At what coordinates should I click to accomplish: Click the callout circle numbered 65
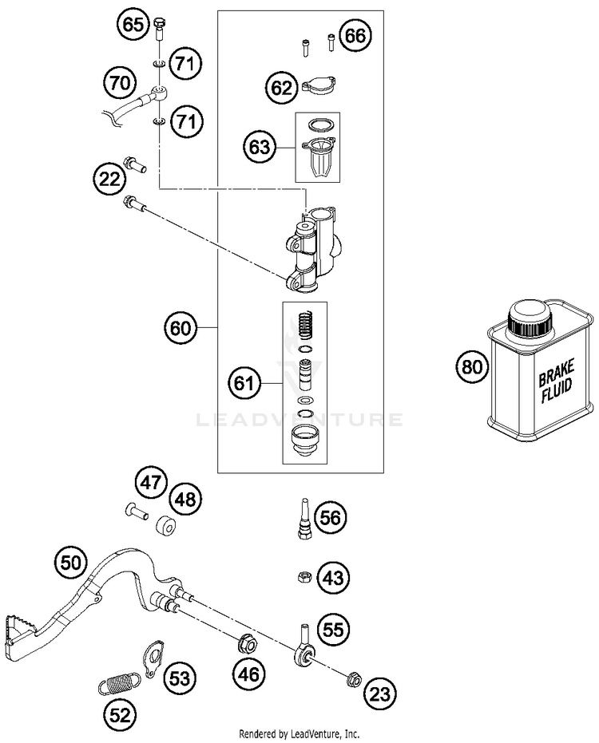tap(133, 24)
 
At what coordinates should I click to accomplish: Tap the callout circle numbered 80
tap(471, 367)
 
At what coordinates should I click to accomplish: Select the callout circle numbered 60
tap(180, 327)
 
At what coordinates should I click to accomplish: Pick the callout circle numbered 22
tap(109, 179)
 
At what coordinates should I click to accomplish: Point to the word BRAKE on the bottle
tap(557, 373)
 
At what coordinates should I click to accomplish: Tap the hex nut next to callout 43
tap(303, 577)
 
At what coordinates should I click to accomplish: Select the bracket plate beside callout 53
tap(153, 658)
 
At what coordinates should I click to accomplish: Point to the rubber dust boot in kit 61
tap(304, 441)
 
